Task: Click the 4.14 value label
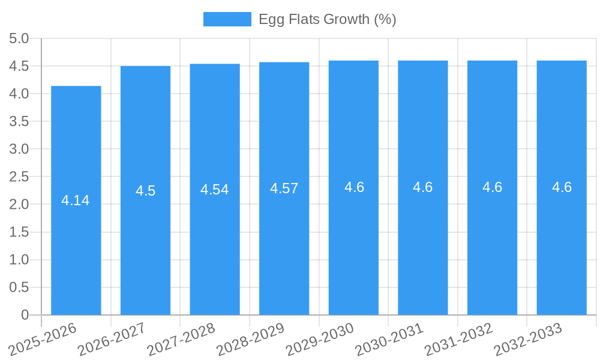point(76,200)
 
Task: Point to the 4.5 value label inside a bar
point(145,191)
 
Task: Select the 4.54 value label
point(215,190)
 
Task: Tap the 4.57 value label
point(284,188)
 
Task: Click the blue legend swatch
point(227,19)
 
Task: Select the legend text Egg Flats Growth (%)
point(327,19)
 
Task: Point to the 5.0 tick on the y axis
point(19,39)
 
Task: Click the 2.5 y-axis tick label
point(19,177)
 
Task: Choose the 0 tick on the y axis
point(25,315)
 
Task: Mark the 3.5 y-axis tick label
point(19,122)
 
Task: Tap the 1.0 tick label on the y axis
point(19,260)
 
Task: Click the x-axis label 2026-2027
point(112,339)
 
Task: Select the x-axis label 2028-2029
point(250,339)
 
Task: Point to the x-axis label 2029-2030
point(320,339)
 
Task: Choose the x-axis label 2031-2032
point(458,339)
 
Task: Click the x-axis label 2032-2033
point(528,339)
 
